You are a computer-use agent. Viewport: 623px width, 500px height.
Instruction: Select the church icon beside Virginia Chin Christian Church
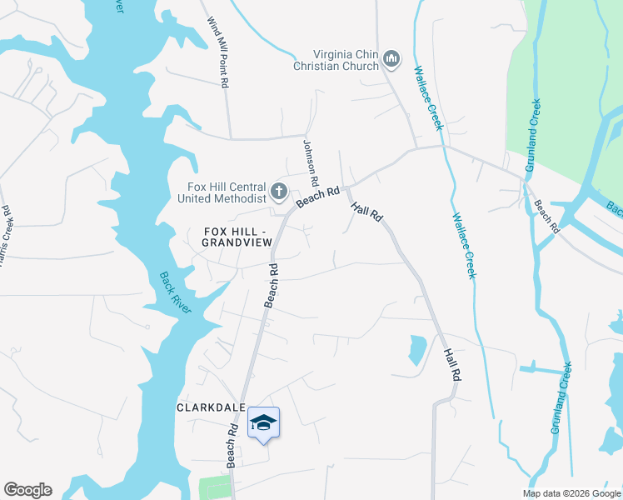coord(392,59)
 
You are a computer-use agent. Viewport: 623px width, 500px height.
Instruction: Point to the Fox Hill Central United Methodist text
coord(222,192)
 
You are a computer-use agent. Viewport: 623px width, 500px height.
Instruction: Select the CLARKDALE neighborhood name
coord(210,407)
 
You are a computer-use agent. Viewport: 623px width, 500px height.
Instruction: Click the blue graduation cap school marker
coord(264,423)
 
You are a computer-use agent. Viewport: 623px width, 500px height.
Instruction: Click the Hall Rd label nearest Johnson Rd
coord(366,212)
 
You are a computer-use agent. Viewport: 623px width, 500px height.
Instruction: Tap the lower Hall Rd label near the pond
coord(452,364)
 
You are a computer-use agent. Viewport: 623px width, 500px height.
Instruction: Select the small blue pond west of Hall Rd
coord(416,350)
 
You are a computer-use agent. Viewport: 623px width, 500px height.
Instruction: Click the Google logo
coord(27,490)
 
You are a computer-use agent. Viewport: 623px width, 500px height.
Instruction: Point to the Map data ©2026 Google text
coord(571,493)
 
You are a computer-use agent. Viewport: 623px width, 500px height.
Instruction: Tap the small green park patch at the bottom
coord(214,488)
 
